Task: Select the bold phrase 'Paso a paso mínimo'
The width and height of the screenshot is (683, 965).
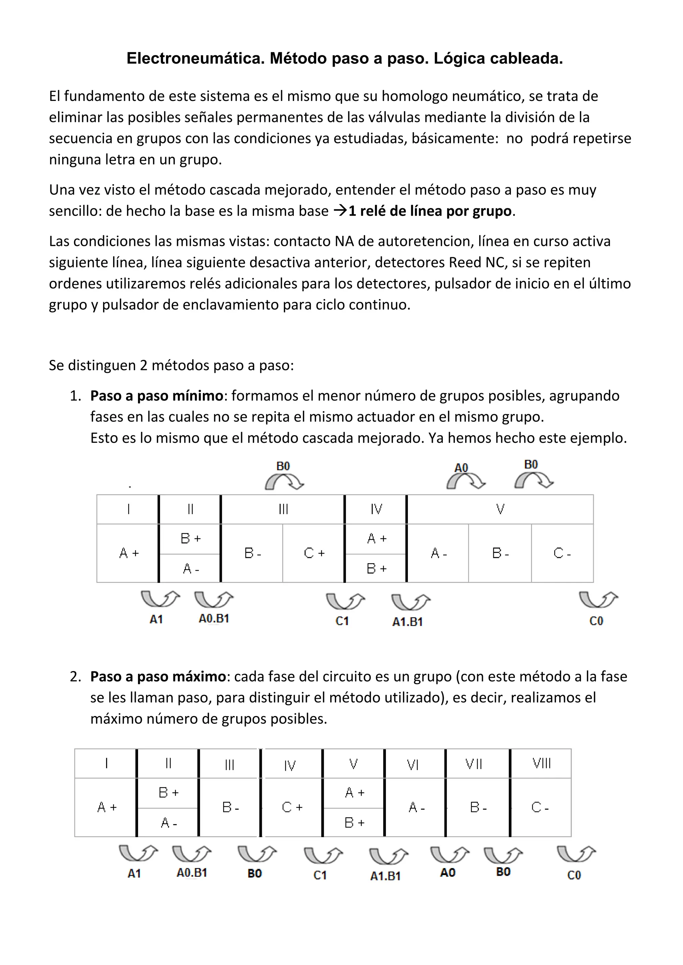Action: [x=156, y=396]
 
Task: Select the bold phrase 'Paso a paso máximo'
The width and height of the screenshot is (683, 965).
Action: [x=158, y=677]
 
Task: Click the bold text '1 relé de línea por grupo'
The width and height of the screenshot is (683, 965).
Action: [x=430, y=211]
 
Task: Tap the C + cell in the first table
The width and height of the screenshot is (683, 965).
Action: [x=314, y=553]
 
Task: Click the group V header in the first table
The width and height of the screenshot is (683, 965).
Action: [x=500, y=509]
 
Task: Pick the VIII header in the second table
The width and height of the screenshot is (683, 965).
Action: [x=541, y=763]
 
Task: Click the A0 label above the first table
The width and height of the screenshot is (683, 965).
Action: [x=461, y=468]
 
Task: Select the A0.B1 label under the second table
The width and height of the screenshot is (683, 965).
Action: [x=192, y=873]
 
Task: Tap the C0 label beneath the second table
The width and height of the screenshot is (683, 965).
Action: [x=574, y=875]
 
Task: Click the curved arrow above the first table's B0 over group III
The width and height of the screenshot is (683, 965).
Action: [x=284, y=482]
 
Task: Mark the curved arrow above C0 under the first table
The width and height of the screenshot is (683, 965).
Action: [x=598, y=599]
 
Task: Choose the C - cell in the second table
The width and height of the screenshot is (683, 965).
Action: [x=540, y=807]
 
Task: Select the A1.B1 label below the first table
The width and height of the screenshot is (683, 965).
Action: [x=407, y=622]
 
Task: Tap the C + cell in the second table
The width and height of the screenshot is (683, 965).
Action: [x=292, y=807]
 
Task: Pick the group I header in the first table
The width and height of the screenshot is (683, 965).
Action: [x=128, y=509]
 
